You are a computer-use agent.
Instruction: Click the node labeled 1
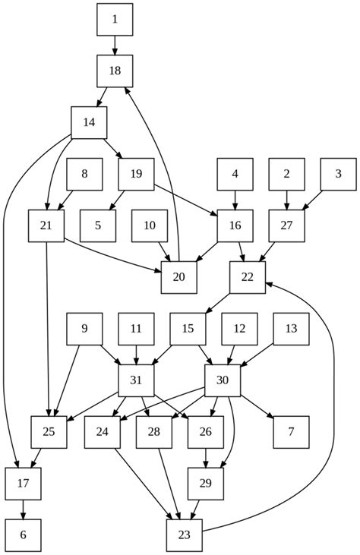tap(115, 20)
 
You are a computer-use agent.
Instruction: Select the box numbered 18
tap(115, 71)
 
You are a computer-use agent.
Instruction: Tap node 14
tap(89, 123)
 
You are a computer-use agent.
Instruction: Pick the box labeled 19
tap(137, 175)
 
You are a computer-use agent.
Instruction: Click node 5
tap(98, 226)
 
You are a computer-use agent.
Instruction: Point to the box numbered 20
tap(179, 277)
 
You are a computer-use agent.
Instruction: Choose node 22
tap(247, 277)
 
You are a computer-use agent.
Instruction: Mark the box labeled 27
tap(286, 226)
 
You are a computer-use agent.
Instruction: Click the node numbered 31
tap(137, 380)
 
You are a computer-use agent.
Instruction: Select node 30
tap(223, 380)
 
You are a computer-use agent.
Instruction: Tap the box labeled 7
tap(291, 432)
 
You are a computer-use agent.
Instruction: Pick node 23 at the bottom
tap(185, 535)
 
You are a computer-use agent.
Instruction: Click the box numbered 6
tap(23, 535)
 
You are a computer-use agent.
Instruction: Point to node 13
tap(291, 329)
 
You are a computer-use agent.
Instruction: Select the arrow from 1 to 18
tap(115, 46)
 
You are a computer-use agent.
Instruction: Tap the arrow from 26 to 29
tap(206, 458)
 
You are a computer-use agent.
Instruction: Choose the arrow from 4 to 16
tap(235, 200)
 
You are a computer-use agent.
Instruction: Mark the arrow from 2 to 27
tap(286, 200)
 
